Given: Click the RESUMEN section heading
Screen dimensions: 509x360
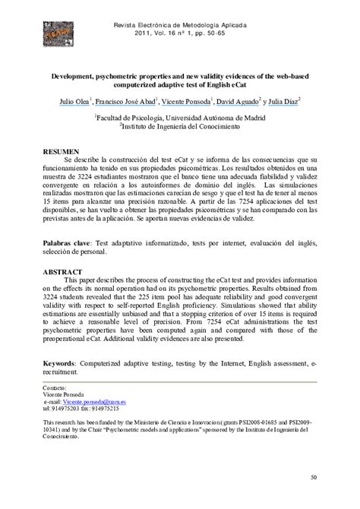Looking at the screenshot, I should [62, 152].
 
